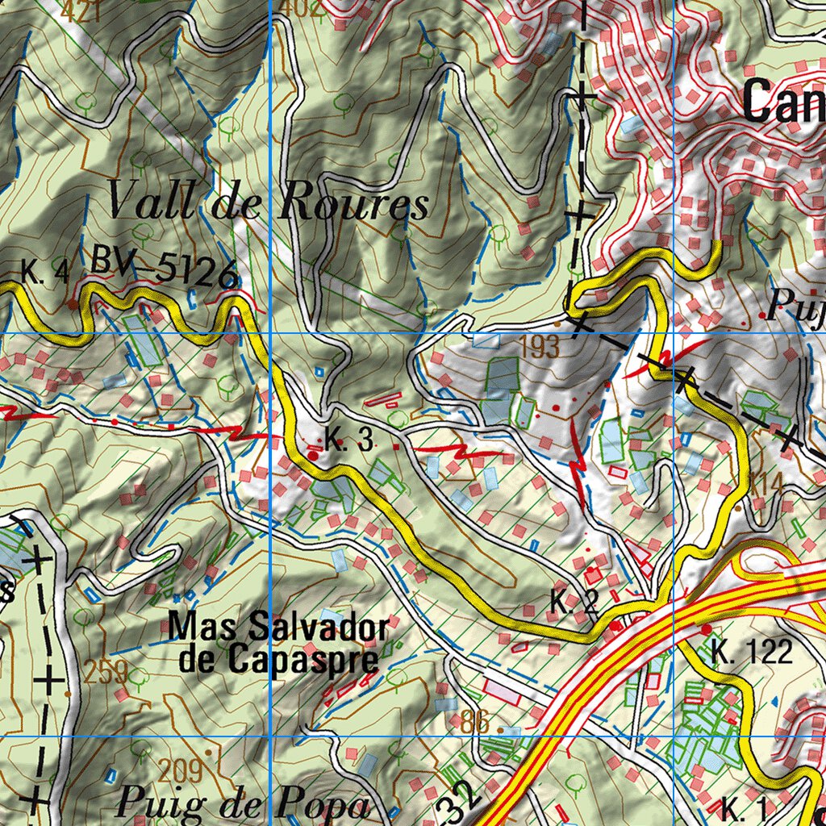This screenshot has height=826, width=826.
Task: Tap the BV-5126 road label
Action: coord(165,267)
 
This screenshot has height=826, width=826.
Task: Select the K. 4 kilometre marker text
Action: coord(45,273)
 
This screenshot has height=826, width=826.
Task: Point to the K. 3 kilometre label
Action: coord(349,440)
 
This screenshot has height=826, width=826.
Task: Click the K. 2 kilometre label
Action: coord(574,602)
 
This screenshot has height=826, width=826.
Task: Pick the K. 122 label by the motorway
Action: coord(752,652)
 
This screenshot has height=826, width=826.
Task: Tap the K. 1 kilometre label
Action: coord(740,807)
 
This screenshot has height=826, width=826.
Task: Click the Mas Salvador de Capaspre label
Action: coord(278,643)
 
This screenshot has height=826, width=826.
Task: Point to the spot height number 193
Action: coord(540,348)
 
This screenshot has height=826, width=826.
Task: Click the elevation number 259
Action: coord(105,671)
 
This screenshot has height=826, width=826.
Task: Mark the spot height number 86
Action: coord(476,723)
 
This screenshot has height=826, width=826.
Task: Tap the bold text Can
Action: coord(782,102)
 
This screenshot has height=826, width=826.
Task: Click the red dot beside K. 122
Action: coord(707,629)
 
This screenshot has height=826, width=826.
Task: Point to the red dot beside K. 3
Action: coord(313,455)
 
